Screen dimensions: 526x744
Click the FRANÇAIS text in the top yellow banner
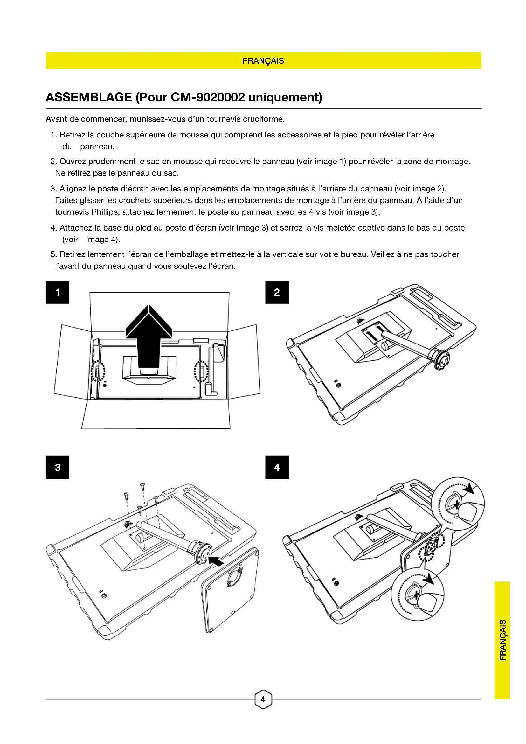[x=263, y=61]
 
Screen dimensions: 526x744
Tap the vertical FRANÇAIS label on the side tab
[x=502, y=640]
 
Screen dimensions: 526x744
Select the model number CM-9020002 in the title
[x=208, y=97]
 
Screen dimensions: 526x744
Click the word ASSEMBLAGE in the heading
[x=89, y=97]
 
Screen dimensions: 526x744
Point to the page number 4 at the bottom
[x=263, y=699]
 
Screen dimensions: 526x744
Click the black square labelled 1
[x=57, y=292]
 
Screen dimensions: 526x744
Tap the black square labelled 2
[x=277, y=292]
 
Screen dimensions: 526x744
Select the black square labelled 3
[x=57, y=467]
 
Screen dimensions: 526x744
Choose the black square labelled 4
[x=277, y=467]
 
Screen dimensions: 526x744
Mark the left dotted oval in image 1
[x=98, y=371]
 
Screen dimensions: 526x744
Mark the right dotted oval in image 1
[x=201, y=371]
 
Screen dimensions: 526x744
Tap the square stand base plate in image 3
[x=230, y=590]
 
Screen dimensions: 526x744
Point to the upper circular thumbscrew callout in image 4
[x=458, y=503]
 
